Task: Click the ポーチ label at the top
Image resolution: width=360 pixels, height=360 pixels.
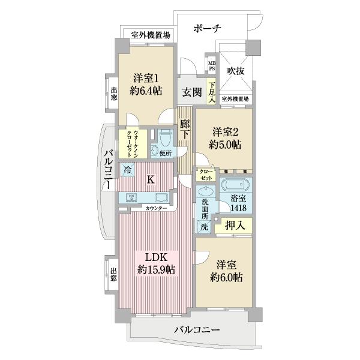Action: [208, 28]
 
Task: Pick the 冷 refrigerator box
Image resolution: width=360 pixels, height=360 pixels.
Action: [127, 170]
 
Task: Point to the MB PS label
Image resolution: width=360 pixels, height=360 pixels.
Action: [211, 65]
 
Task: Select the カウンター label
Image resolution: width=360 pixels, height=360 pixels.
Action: [156, 208]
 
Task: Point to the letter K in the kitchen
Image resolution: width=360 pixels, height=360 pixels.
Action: [151, 179]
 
